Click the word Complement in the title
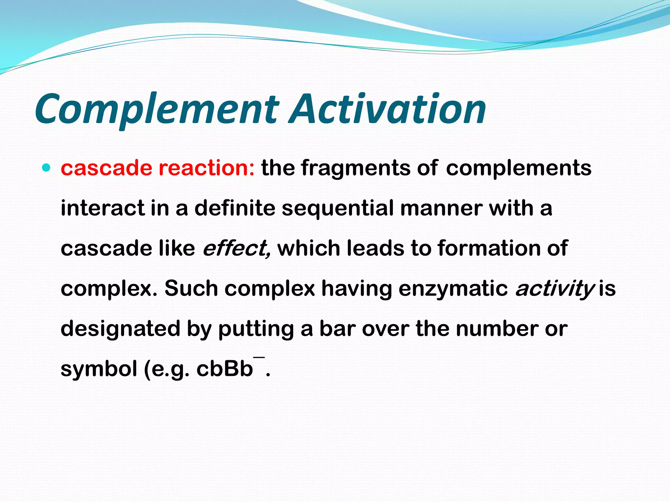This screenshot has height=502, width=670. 157,109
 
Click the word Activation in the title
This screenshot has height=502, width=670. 388,109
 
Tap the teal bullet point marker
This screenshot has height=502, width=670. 47,168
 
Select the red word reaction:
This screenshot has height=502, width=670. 206,168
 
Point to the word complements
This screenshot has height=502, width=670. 519,168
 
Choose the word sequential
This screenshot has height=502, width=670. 337,209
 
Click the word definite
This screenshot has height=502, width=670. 235,209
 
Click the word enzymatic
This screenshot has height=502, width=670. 453,289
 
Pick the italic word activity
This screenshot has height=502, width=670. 555,289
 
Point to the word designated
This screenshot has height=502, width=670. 120,329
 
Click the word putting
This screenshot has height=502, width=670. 256,329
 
